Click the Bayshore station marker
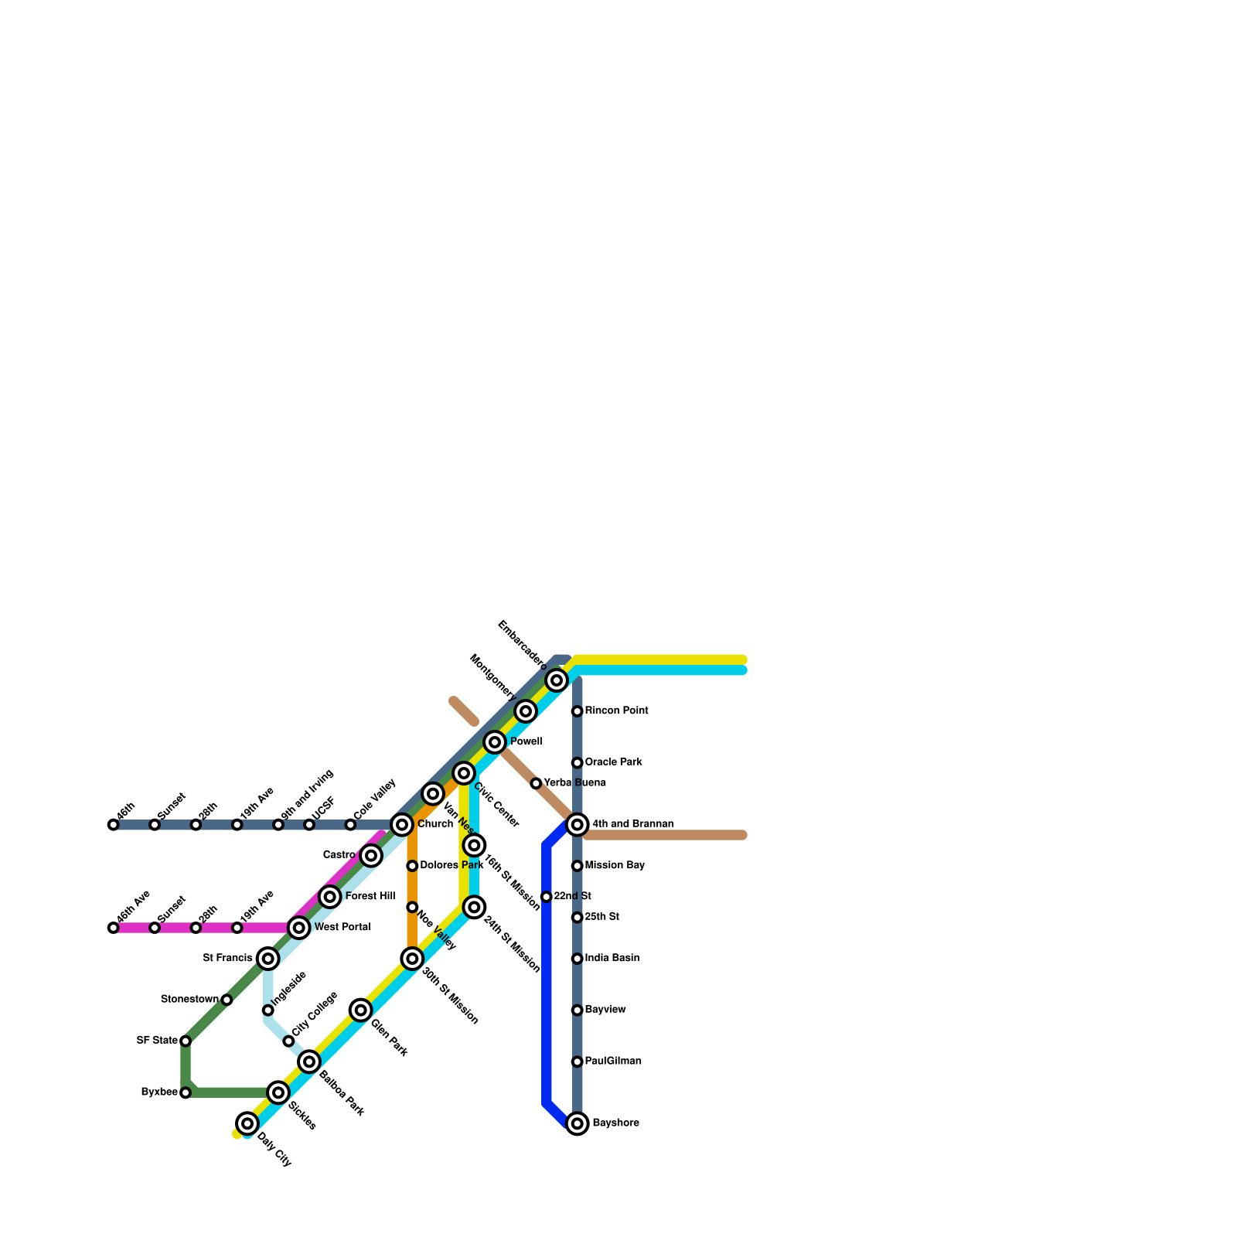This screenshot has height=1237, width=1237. (x=577, y=1123)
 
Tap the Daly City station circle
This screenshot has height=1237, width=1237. (x=247, y=1123)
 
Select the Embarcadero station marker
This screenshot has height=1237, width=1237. (x=557, y=680)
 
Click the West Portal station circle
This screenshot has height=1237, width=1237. (x=299, y=928)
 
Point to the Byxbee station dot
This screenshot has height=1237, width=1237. (x=186, y=1092)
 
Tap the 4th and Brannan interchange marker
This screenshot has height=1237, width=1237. (x=577, y=825)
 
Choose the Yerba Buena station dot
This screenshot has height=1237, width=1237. (x=536, y=783)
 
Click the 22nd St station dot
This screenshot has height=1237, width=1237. (x=547, y=897)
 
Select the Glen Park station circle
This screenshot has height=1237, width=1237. (x=361, y=1010)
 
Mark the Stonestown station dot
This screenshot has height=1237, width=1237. (x=227, y=1000)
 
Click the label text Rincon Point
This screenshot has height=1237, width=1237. (x=616, y=711)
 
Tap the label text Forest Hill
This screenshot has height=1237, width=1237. (x=370, y=896)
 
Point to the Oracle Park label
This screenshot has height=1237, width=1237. (x=613, y=762)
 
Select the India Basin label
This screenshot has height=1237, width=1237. (x=612, y=959)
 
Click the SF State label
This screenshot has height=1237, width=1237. (x=157, y=1041)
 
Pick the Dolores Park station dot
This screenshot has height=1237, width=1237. (x=412, y=866)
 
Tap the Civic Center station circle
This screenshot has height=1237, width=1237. (x=464, y=773)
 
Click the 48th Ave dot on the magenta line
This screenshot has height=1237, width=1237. (x=114, y=928)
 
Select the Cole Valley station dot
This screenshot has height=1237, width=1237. (x=350, y=825)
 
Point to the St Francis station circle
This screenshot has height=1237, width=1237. (x=268, y=959)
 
